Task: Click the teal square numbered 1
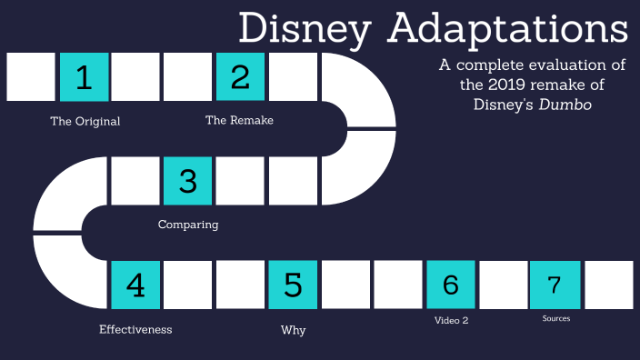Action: click(84, 77)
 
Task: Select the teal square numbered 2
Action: click(240, 77)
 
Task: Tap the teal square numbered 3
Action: click(188, 181)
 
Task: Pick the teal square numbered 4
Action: click(135, 285)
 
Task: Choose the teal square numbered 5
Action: click(293, 285)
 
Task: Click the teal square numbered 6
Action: click(450, 285)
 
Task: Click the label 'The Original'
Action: click(85, 121)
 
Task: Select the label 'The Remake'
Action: click(239, 120)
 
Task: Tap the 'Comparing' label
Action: click(188, 225)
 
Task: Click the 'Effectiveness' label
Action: click(135, 329)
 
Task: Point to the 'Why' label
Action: click(293, 330)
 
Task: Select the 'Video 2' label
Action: click(451, 320)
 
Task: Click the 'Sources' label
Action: click(555, 319)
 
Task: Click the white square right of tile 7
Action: click(608, 285)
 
